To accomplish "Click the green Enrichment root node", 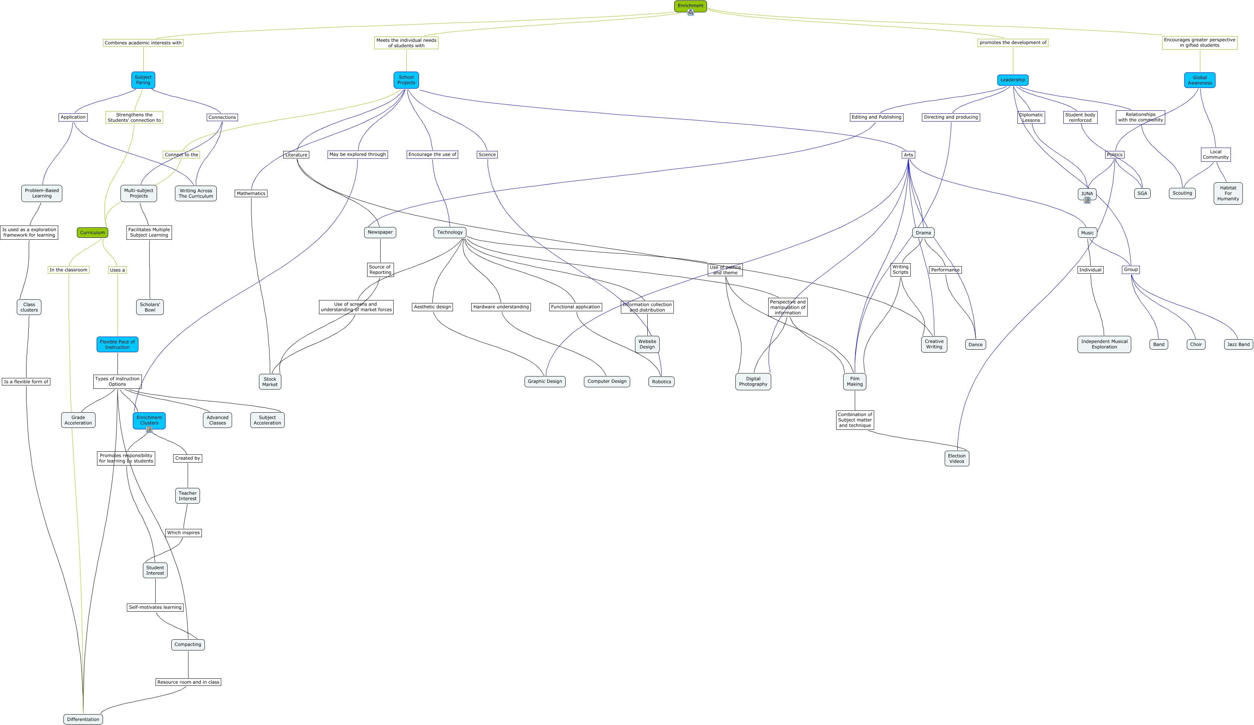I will tap(690, 6).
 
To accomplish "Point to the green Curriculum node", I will tap(93, 233).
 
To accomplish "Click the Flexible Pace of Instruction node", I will tap(118, 344).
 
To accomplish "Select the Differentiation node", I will tap(83, 719).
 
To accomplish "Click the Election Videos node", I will tap(956, 458).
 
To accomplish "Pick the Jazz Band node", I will tap(1238, 344).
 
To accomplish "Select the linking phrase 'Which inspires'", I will tap(184, 533).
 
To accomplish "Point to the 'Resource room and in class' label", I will tap(188, 682).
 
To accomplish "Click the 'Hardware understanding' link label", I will tap(501, 307).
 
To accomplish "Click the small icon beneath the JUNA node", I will tap(1087, 201).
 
